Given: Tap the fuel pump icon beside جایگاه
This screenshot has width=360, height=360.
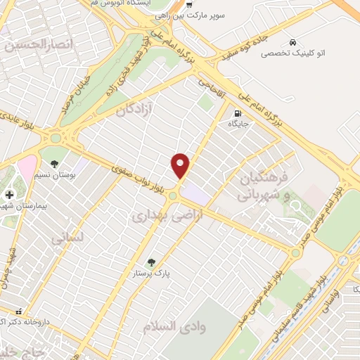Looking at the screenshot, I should tap(238, 112).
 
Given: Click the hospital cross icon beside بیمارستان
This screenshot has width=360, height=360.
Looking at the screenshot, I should tap(9, 194).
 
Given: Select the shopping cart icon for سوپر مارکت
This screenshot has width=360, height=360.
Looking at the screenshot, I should tap(188, 4).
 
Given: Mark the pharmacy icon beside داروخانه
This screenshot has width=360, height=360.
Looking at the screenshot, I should tap(19, 310).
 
